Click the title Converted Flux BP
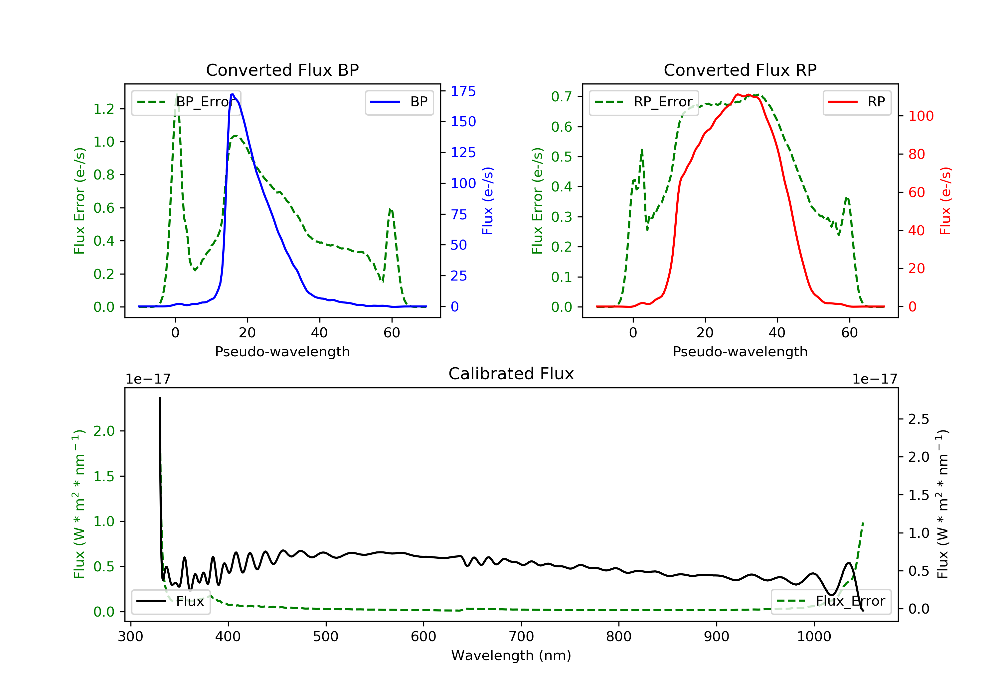(x=282, y=70)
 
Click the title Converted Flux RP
(x=740, y=70)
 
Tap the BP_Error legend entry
(x=186, y=102)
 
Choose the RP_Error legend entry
(x=644, y=102)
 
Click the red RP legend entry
(x=857, y=102)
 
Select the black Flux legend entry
(x=171, y=601)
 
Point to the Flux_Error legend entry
(x=831, y=601)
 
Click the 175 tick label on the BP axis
(x=463, y=91)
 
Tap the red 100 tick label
(x=920, y=116)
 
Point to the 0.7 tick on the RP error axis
(x=561, y=96)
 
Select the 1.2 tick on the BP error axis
(x=103, y=109)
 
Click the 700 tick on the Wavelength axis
(x=521, y=637)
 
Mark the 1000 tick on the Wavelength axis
(x=814, y=637)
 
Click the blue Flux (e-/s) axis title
(x=488, y=201)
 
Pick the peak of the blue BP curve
(x=233, y=94)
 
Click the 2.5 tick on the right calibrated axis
(x=918, y=419)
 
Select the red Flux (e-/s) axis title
(x=945, y=201)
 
